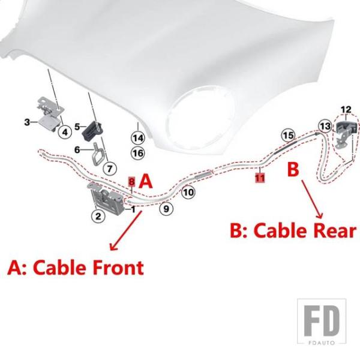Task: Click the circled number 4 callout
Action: click(65, 132)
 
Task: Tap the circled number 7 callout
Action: click(110, 169)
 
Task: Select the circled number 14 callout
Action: click(138, 138)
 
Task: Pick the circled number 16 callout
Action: click(138, 153)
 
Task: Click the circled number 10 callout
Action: click(188, 192)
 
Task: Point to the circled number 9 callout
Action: click(166, 209)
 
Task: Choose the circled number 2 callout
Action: click(98, 216)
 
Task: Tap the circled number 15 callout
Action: click(289, 135)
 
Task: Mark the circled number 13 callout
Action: click(325, 126)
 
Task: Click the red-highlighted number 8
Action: click(131, 182)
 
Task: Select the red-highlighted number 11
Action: click(260, 178)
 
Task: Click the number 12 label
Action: click(346, 110)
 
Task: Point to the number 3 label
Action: click(27, 122)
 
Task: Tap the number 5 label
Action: click(77, 127)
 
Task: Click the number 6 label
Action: click(77, 150)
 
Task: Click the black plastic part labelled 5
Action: click(92, 130)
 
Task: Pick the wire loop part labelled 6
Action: click(97, 154)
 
